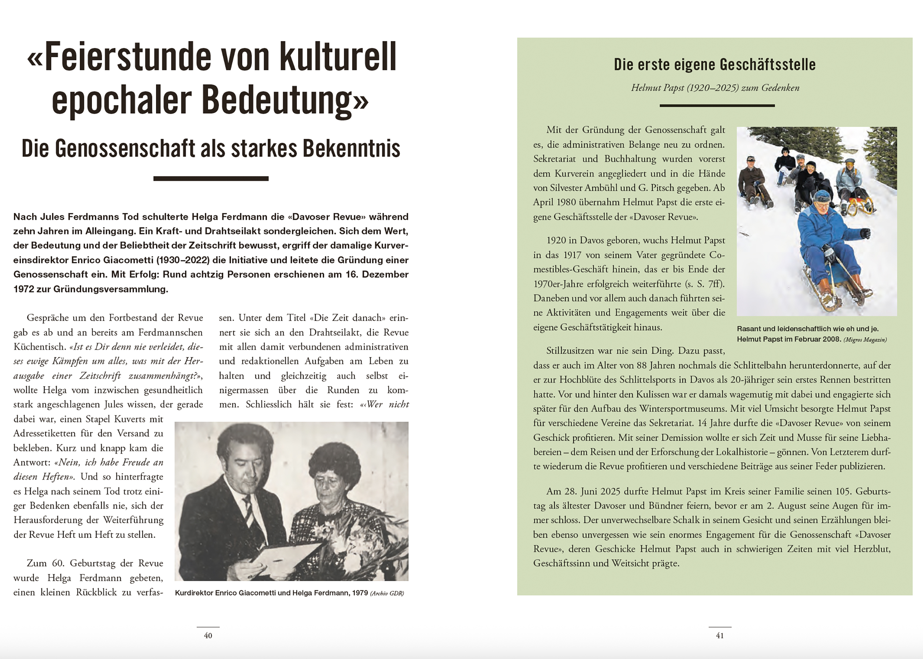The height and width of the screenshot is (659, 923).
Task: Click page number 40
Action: (x=208, y=636)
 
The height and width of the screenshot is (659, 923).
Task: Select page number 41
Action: (x=720, y=636)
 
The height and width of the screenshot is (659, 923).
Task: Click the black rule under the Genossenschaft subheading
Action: (x=211, y=179)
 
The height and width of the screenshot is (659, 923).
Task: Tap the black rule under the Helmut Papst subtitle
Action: (x=717, y=105)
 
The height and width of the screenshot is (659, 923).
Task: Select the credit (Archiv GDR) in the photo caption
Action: (x=387, y=593)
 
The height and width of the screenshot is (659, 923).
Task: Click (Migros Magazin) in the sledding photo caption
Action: (x=865, y=340)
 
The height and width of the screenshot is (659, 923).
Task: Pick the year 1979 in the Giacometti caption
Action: (x=360, y=593)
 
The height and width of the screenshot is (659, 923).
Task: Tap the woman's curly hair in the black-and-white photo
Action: (x=335, y=461)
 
